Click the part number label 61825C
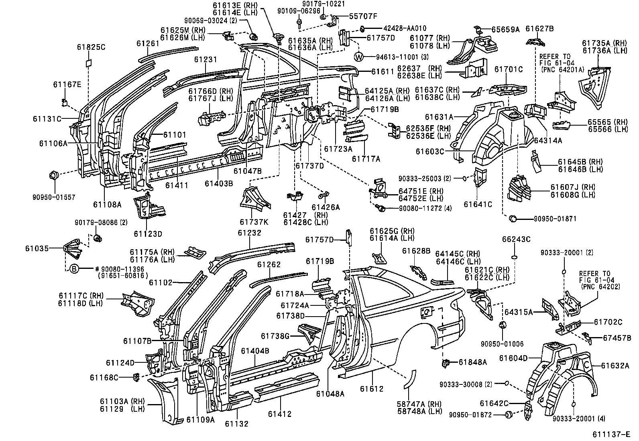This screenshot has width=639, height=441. coord(91,47)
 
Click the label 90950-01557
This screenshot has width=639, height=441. coord(54,197)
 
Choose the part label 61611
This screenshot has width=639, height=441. coord(383,71)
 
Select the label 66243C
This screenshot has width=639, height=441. coord(516,240)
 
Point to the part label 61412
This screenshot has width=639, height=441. coord(280,414)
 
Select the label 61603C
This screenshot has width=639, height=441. coord(430,151)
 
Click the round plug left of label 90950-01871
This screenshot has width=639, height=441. coord(513,218)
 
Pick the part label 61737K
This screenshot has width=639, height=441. coord(254,222)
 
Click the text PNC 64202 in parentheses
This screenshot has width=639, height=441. coord(600,287)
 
